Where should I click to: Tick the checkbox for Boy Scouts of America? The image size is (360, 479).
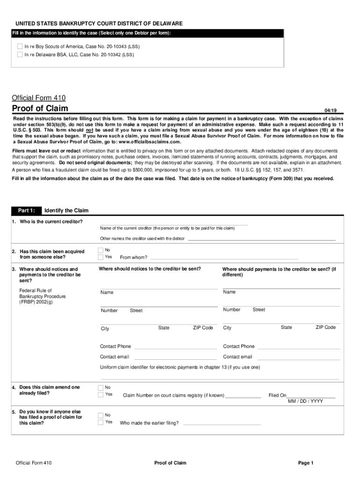coord(20,47)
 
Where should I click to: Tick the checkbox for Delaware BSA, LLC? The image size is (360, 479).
coord(20,54)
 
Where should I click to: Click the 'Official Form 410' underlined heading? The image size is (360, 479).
coord(38,98)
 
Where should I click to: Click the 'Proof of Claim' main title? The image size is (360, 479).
coord(40,109)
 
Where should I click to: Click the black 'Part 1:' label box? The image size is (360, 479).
coord(26,210)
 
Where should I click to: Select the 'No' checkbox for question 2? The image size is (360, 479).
coord(101,250)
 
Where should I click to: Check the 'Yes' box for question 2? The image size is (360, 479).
coord(101,257)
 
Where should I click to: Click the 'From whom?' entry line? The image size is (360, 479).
coord(223,258)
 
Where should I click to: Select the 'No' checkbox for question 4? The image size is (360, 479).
coord(101,387)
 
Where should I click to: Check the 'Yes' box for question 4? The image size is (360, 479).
coord(101,394)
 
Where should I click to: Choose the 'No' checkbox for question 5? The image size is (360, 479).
coord(101,415)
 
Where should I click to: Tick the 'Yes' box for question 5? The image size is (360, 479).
coord(101,422)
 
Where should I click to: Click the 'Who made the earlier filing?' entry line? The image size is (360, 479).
coord(222,424)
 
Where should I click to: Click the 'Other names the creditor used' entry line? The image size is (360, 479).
coord(261,239)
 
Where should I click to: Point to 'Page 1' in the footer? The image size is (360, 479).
coord(306,463)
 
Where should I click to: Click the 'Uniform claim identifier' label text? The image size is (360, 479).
coord(180,367)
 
